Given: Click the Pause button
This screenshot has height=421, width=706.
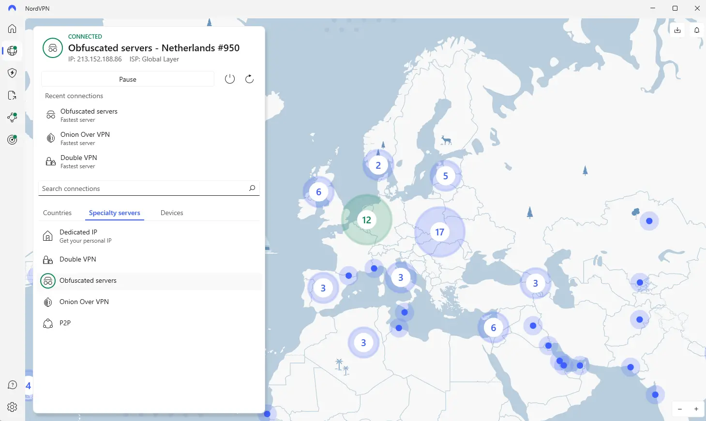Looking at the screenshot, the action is tap(128, 79).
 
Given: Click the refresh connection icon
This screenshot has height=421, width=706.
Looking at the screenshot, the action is tap(249, 79).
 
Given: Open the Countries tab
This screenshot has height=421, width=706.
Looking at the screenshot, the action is tap(57, 213).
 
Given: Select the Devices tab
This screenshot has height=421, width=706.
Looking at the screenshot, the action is tap(172, 213).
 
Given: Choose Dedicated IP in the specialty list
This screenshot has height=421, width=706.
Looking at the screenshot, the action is tap(78, 236).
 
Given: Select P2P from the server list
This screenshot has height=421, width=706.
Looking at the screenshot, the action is tap(65, 323).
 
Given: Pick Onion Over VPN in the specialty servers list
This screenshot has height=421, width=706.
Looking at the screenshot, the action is tap(84, 302).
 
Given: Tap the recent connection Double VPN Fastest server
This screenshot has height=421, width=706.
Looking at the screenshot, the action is tap(78, 161).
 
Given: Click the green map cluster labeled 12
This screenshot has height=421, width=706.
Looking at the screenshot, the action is tap(367, 220).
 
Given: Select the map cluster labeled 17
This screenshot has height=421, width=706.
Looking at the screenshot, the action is tap(439, 232).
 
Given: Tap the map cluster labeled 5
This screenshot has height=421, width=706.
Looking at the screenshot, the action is tap(445, 176).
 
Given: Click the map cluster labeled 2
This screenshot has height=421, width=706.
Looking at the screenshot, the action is tap(378, 166).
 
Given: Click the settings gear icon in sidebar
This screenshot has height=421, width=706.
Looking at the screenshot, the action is tap(13, 407).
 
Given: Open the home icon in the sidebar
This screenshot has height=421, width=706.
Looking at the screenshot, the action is tap(12, 29).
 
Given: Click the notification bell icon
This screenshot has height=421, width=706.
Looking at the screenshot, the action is tap(697, 30).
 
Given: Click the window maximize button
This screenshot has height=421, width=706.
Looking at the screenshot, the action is tap(675, 8).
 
